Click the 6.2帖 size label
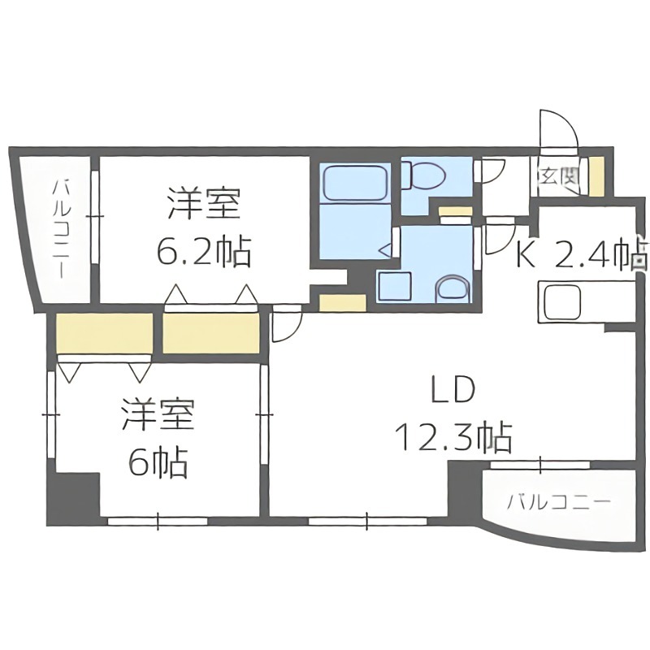coord(203,253)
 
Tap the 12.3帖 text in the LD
coord(453,439)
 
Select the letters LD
coord(452,392)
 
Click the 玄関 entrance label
coord(557,173)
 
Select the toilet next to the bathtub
coord(422,173)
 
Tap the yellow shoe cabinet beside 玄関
coord(596,174)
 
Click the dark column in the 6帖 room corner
coord(72,496)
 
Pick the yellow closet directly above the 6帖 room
coord(105,333)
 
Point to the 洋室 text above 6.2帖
coord(203,204)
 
